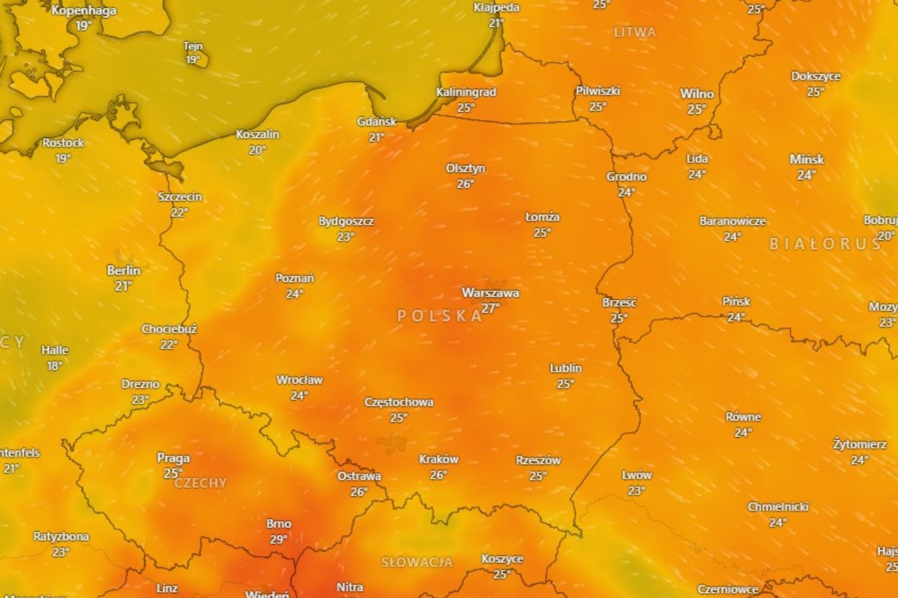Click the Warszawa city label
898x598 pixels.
tap(490, 293)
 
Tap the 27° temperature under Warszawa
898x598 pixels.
tap(490, 309)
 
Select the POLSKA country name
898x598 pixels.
tap(440, 316)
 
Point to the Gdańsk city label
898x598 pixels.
tap(377, 122)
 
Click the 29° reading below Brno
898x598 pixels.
tap(278, 539)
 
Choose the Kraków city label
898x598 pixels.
tap(439, 459)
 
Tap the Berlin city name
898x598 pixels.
tap(123, 271)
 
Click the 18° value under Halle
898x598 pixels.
tap(54, 365)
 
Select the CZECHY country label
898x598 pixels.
tap(201, 483)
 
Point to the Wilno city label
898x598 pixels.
tap(697, 94)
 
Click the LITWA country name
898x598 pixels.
tap(635, 32)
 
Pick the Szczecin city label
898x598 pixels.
tap(180, 197)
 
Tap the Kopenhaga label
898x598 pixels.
tap(84, 11)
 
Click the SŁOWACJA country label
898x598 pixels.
tap(417, 562)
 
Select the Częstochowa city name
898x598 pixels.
tap(399, 402)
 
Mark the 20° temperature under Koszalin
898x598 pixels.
tap(257, 150)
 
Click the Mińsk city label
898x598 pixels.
tap(806, 160)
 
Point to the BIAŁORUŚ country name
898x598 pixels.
tap(826, 244)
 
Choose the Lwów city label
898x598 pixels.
tap(636, 475)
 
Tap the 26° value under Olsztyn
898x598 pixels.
tap(466, 184)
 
